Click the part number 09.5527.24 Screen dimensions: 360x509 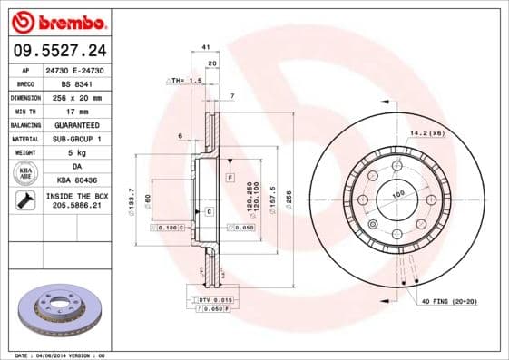(x=55, y=50)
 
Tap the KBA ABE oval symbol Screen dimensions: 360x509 (x=27, y=174)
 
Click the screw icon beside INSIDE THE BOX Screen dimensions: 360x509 (x=25, y=201)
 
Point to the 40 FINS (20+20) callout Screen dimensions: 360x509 (x=447, y=300)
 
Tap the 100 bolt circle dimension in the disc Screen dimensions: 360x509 (x=396, y=194)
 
